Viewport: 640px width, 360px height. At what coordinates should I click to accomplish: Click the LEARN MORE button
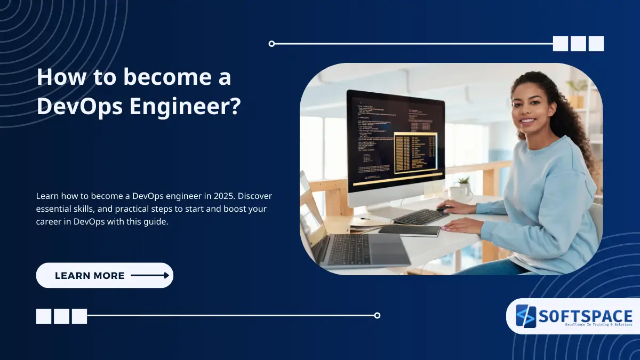coord(105,276)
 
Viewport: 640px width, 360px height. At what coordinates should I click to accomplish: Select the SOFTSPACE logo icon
coord(525,316)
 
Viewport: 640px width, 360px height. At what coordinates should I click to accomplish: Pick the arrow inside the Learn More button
coord(150,276)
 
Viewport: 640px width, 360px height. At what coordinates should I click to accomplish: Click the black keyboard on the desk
coord(421,216)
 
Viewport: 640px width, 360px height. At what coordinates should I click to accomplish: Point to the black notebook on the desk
coord(409,230)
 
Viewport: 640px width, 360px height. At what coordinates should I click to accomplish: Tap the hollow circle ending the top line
coord(271,44)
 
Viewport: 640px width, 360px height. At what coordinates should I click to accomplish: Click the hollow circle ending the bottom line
coord(377,315)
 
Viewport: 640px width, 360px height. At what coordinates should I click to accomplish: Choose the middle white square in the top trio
coord(578,44)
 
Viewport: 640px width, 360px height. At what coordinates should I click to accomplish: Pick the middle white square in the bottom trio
coord(61,316)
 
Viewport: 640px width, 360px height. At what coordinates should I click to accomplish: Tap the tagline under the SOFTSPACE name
coord(597,324)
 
